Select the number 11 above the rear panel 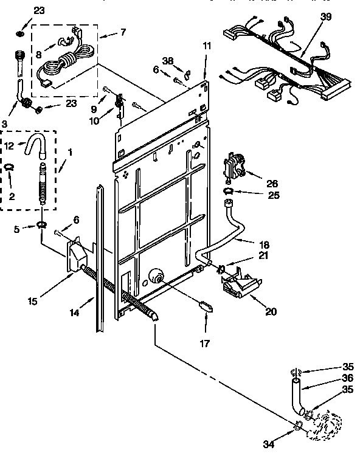(x=207, y=46)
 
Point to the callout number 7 (x=123, y=32)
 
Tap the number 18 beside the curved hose (x=265, y=241)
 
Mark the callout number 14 (x=74, y=313)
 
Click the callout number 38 (x=168, y=60)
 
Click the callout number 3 (x=5, y=123)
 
